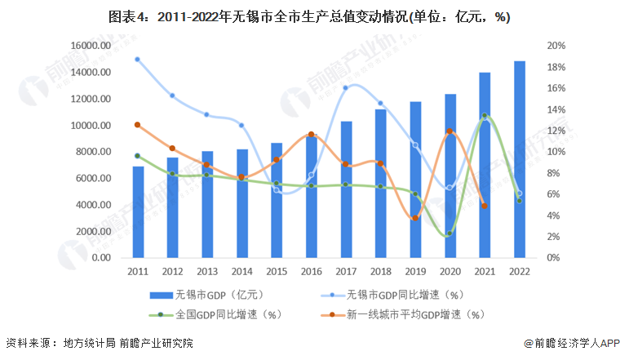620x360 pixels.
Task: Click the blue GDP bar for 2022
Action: (x=520, y=159)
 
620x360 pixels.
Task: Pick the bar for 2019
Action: (x=415, y=180)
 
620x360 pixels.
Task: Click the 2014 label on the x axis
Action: (x=242, y=271)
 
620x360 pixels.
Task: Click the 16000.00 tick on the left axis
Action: (x=90, y=47)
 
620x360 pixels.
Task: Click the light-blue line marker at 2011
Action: (x=138, y=59)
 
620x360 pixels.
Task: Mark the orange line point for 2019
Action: (x=415, y=218)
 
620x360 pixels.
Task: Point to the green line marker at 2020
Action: (x=449, y=233)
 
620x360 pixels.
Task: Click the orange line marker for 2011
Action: (x=138, y=125)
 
